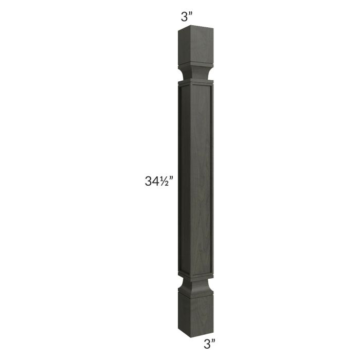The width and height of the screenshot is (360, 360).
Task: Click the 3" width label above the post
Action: point(186,17)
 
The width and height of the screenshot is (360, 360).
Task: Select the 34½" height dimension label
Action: point(158,181)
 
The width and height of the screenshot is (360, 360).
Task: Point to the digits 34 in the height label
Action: point(152,182)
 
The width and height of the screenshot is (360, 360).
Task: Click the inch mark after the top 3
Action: point(190,14)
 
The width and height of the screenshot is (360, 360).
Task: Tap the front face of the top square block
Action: point(202,45)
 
